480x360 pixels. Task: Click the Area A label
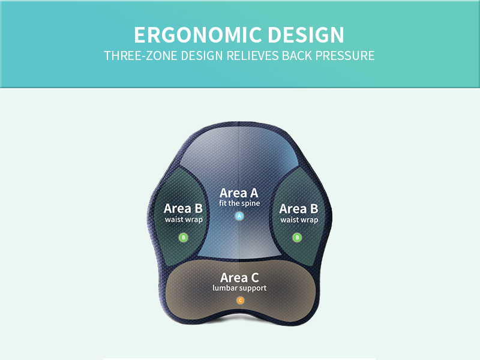(x=239, y=193)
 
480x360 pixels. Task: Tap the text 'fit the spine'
(x=239, y=204)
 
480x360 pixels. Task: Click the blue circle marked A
(x=239, y=216)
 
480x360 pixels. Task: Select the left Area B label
(x=183, y=209)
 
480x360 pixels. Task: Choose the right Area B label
(x=298, y=209)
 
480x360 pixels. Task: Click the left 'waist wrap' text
(x=184, y=220)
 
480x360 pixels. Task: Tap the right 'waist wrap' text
(x=299, y=220)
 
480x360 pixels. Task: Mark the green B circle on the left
(x=184, y=238)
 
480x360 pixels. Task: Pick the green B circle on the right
(x=297, y=238)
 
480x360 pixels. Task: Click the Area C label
(x=239, y=278)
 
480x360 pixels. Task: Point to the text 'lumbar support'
(x=239, y=288)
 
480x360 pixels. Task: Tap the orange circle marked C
(x=240, y=301)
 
